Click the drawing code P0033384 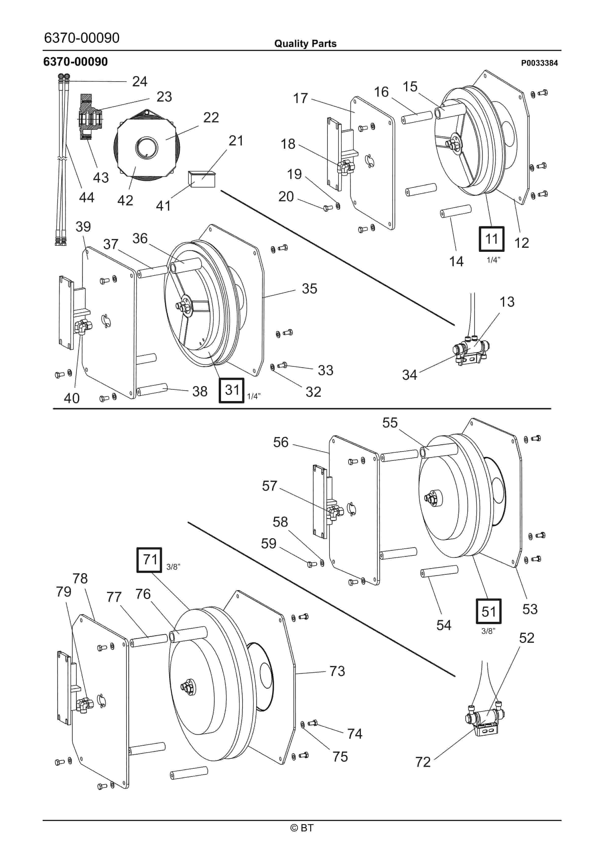click(x=539, y=63)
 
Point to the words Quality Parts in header click(x=305, y=44)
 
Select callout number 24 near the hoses click(x=140, y=81)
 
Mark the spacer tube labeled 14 click(x=456, y=211)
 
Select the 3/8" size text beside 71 click(x=173, y=567)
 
